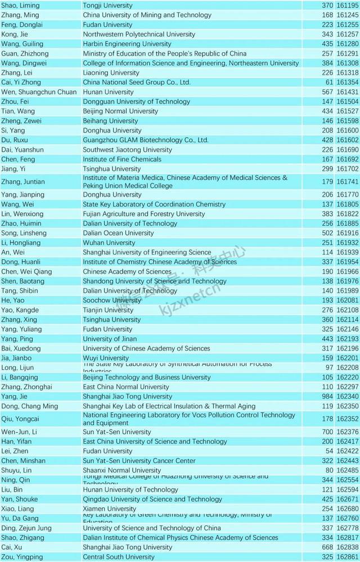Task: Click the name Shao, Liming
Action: tap(20, 6)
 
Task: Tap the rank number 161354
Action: tap(348, 82)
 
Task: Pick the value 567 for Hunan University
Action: tap(327, 92)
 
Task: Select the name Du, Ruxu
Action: tap(15, 140)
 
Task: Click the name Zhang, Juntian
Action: tap(23, 182)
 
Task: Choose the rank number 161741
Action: tap(348, 182)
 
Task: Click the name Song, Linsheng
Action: tap(21, 233)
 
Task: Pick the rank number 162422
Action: tap(348, 451)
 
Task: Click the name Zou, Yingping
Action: tap(22, 557)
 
